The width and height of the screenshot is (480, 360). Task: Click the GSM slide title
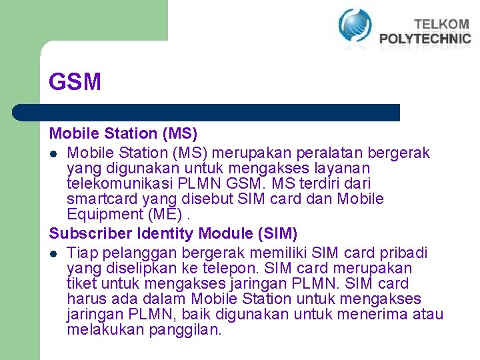(75, 82)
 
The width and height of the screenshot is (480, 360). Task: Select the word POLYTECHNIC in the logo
(425, 39)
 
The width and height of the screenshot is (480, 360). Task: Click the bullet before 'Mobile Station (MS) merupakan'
(53, 154)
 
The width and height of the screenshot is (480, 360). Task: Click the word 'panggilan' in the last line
(189, 330)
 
